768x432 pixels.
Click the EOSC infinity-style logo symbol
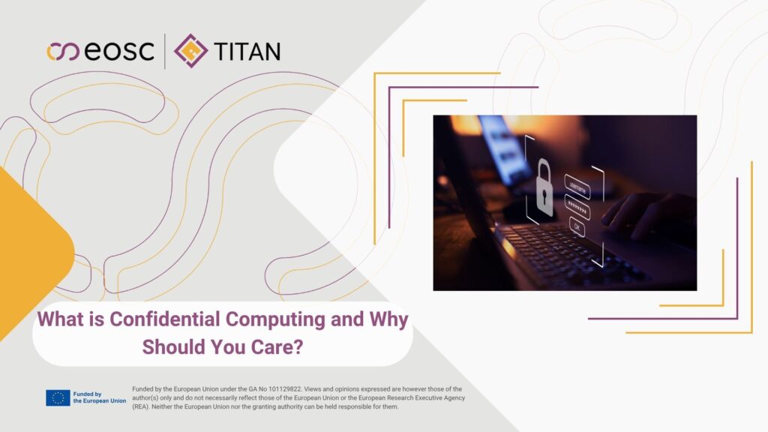point(63,52)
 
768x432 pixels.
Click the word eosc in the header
point(119,51)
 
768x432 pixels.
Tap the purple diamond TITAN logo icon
point(190,50)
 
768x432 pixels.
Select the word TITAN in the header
point(247,51)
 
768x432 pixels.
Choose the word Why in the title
point(388,320)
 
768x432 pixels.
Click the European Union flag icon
point(58,397)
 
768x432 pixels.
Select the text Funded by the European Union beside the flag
point(100,397)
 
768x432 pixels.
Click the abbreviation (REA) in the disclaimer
point(140,406)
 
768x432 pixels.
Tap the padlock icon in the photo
point(544,188)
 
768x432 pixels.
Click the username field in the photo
point(577,187)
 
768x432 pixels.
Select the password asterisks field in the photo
point(577,208)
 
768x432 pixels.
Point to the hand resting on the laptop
point(646,214)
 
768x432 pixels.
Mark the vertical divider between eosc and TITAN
point(164,51)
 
